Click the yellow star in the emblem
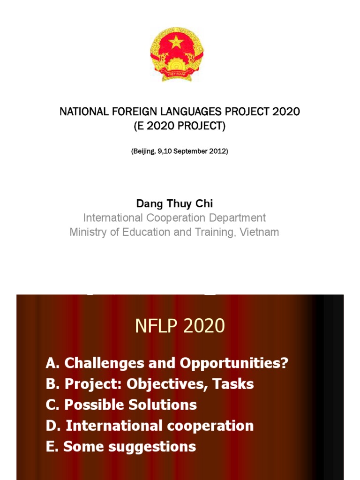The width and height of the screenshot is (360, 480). pyautogui.click(x=176, y=42)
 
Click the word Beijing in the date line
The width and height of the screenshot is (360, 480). pyautogui.click(x=143, y=151)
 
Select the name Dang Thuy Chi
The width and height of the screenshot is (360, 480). pyautogui.click(x=174, y=203)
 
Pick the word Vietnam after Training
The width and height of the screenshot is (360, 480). pyautogui.click(x=259, y=232)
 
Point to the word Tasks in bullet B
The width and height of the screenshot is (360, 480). pyautogui.click(x=233, y=384)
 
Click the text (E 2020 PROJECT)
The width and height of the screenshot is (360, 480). pyautogui.click(x=180, y=127)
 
